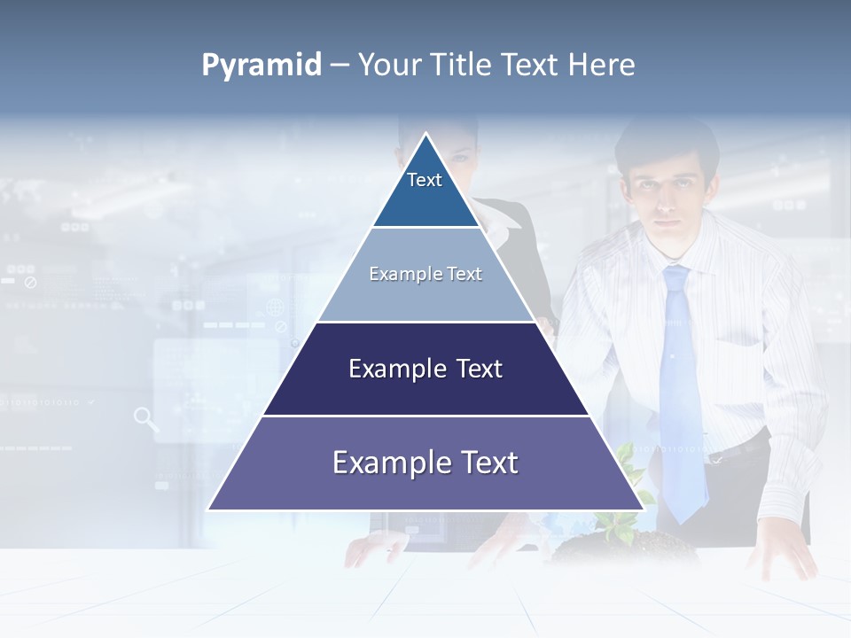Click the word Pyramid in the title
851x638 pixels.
pos(262,66)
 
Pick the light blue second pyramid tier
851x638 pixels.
pos(425,275)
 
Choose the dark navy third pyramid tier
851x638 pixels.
pos(425,370)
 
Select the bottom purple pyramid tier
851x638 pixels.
pos(425,463)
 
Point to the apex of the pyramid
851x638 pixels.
pos(426,135)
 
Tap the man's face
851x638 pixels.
pos(666,191)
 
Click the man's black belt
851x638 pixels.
pos(740,447)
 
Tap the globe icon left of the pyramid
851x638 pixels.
pos(276,308)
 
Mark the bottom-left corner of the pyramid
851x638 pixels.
pos(209,510)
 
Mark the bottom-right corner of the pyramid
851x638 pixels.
pos(643,510)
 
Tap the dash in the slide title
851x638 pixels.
pos(340,66)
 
